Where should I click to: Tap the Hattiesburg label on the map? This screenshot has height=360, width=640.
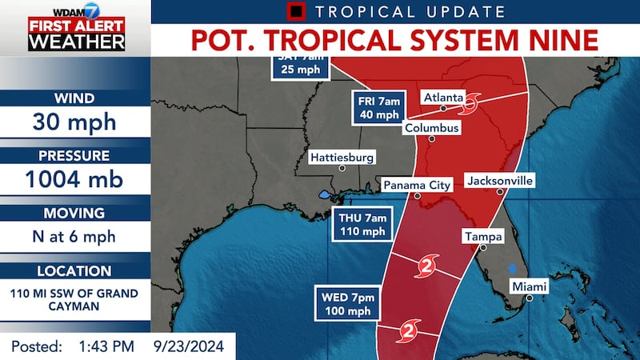342,157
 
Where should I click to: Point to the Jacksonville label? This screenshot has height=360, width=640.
499,181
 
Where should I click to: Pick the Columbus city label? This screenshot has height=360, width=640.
431,128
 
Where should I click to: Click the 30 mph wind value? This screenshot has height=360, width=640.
75,123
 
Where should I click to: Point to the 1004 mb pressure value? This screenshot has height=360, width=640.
75,180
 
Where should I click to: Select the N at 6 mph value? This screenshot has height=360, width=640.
75,237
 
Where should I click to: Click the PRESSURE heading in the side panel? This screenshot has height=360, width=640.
75,154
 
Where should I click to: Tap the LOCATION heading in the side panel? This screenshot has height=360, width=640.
75,271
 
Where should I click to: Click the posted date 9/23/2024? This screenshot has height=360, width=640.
189,346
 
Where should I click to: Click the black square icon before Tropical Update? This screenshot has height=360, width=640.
297,12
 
